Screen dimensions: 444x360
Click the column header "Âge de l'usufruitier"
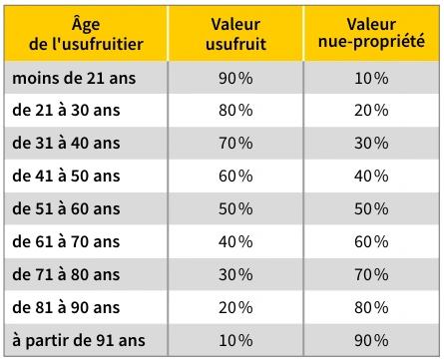[86, 34]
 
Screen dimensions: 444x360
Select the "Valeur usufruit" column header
[235, 34]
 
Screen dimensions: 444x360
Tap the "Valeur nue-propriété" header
[371, 34]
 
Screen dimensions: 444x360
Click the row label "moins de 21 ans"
[74, 79]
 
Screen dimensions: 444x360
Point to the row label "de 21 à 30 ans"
[66, 111]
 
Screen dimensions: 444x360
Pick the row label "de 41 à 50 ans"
[66, 176]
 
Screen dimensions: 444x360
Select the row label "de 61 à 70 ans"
[66, 241]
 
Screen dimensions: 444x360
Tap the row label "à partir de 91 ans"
[79, 341]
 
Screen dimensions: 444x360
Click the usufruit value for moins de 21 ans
[235, 79]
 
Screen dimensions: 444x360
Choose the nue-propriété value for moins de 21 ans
[371, 79]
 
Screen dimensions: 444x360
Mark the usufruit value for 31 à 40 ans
[235, 144]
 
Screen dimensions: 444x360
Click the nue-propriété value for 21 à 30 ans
[371, 111]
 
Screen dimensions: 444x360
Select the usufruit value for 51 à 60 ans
[235, 209]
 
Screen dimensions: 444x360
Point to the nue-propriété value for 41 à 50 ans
[371, 176]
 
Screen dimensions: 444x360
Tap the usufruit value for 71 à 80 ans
[235, 275]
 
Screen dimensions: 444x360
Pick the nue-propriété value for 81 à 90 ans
[371, 307]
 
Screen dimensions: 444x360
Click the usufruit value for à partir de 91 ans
[235, 341]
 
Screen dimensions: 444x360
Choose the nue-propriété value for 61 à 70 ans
[371, 241]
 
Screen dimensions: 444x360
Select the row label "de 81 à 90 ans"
[66, 307]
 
